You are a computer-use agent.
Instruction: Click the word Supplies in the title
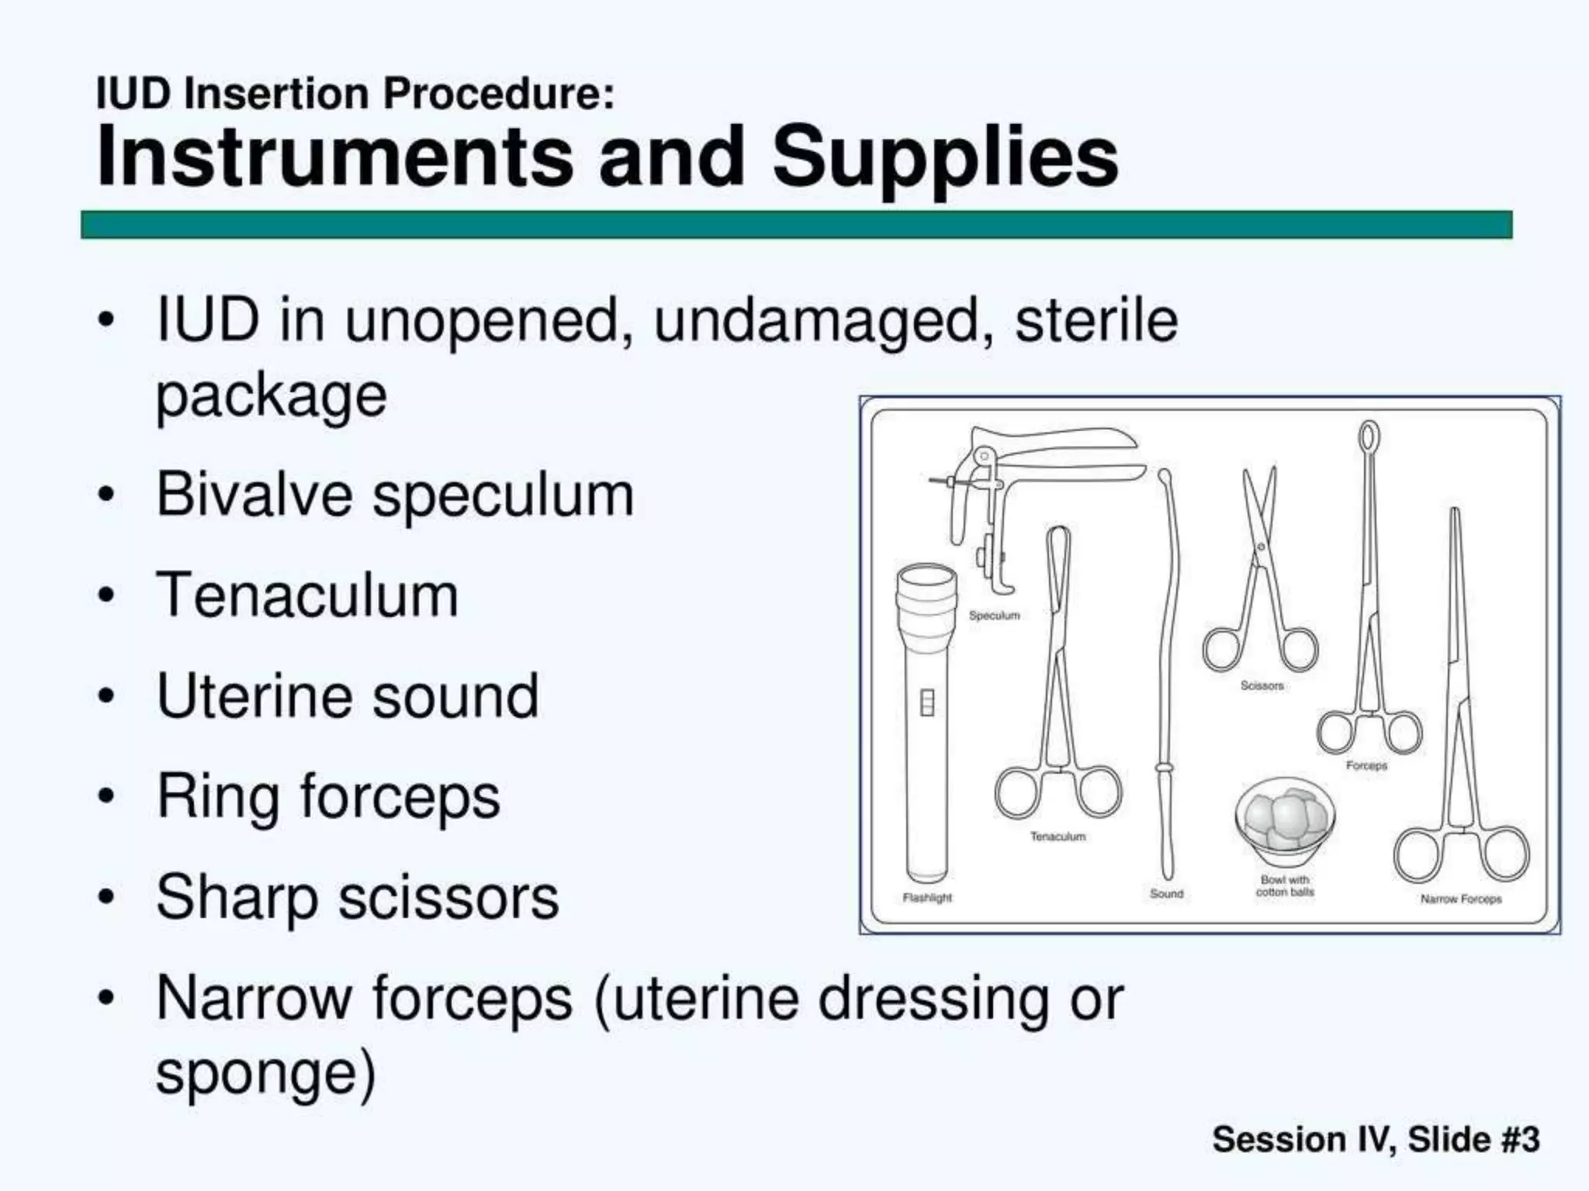pyautogui.click(x=945, y=158)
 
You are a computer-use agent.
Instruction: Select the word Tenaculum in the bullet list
pyautogui.click(x=307, y=595)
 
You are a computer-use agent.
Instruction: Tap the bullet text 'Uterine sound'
pyautogui.click(x=348, y=696)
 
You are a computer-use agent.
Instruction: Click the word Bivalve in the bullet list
pyautogui.click(x=254, y=495)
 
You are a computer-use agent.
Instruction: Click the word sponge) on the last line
pyautogui.click(x=265, y=1073)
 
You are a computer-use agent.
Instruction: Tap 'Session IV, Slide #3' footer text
pyautogui.click(x=1376, y=1139)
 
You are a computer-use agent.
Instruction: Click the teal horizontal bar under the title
pyautogui.click(x=796, y=225)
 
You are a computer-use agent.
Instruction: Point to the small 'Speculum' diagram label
pyautogui.click(x=994, y=616)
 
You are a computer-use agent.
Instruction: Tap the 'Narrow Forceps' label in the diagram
pyautogui.click(x=1461, y=899)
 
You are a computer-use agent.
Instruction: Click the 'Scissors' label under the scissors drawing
pyautogui.click(x=1262, y=685)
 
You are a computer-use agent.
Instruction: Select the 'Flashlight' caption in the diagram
pyautogui.click(x=927, y=898)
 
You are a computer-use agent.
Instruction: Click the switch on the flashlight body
pyautogui.click(x=926, y=703)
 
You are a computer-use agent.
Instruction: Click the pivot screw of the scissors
pyautogui.click(x=1262, y=547)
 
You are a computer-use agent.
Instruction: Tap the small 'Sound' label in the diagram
pyautogui.click(x=1166, y=894)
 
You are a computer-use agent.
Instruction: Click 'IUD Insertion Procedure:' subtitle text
pyautogui.click(x=355, y=95)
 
